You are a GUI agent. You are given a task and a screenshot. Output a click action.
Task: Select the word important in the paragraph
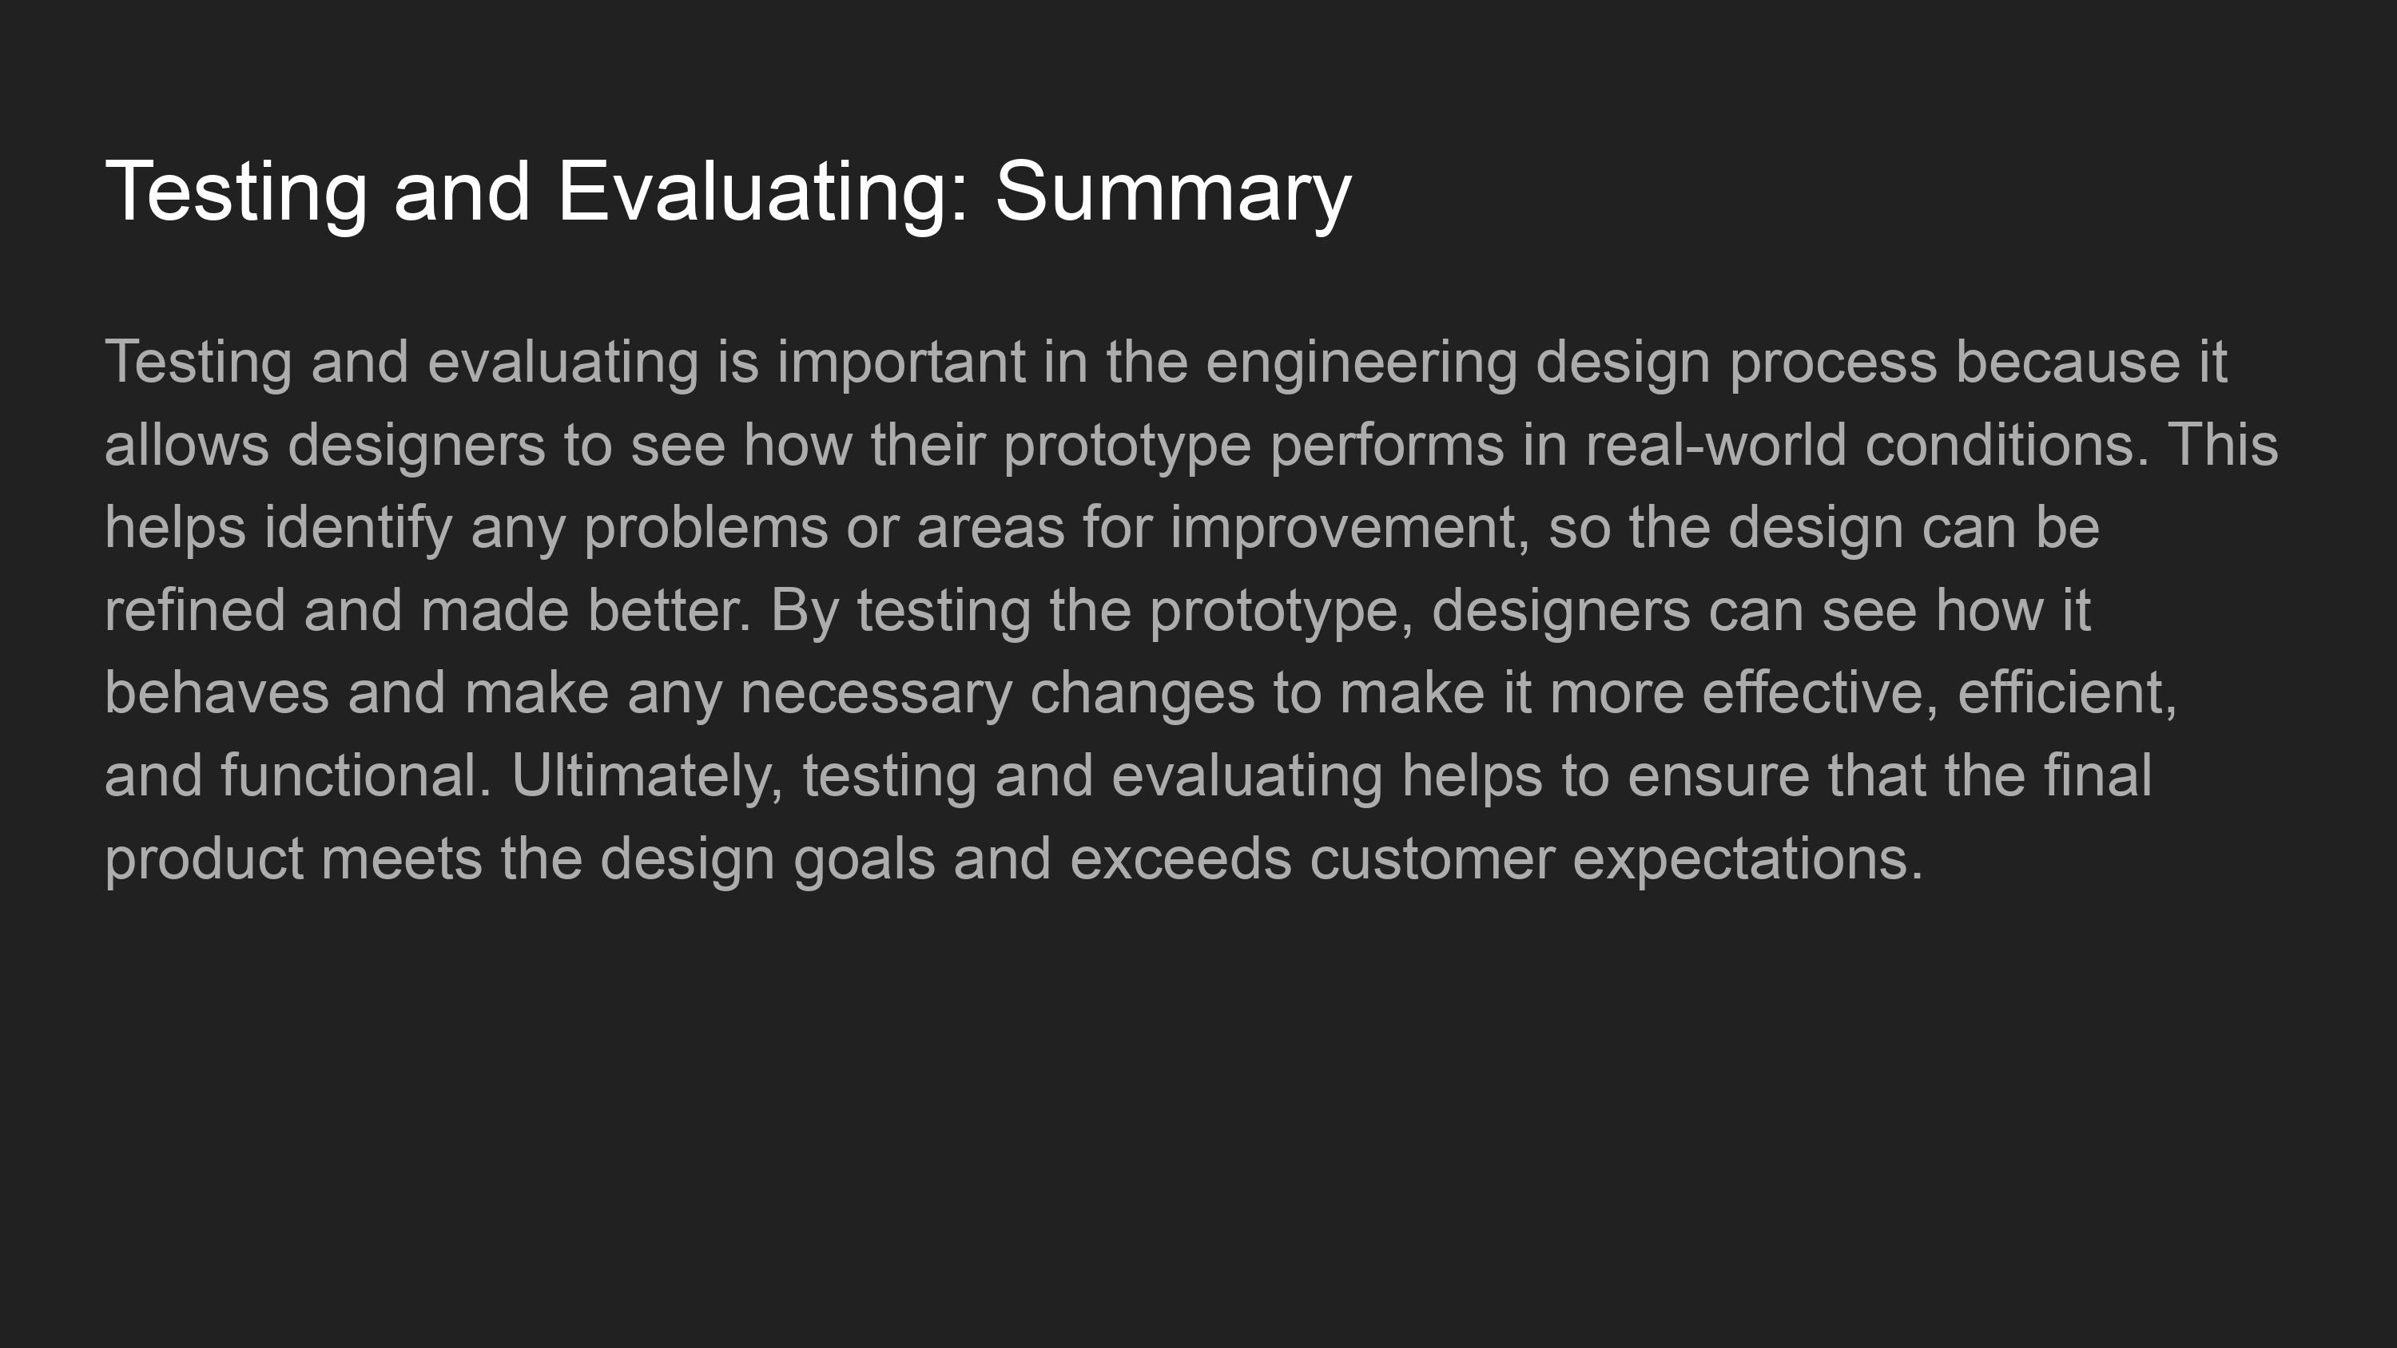click(900, 363)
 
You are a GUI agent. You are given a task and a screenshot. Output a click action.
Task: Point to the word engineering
click(1361, 363)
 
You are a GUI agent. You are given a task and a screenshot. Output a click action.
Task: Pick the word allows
click(187, 445)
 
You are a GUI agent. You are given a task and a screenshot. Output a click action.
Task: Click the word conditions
click(2007, 445)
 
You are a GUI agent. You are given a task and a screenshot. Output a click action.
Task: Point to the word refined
click(194, 610)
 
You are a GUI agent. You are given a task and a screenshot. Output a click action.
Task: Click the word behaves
click(217, 693)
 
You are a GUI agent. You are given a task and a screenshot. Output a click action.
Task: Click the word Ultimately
click(646, 776)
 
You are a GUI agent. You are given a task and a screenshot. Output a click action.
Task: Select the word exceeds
click(1181, 858)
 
